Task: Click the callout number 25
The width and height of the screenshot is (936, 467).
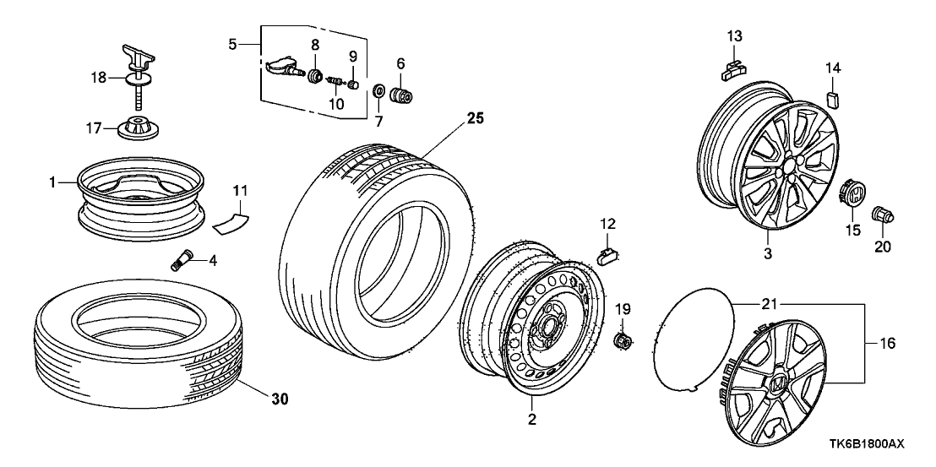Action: click(x=476, y=119)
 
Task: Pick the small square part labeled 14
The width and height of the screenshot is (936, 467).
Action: click(x=832, y=100)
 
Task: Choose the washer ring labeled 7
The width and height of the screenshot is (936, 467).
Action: click(x=378, y=90)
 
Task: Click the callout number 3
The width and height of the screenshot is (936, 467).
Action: click(x=768, y=253)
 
